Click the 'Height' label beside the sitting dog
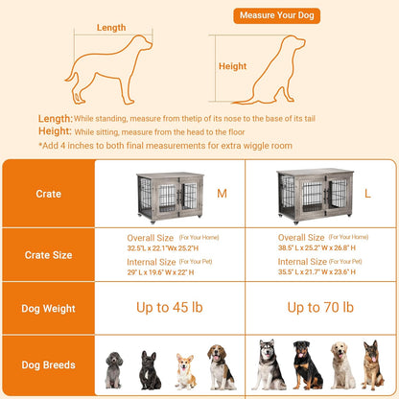[233, 67]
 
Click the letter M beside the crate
[223, 194]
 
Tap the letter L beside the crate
[369, 194]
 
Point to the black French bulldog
[151, 370]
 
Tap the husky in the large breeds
[271, 364]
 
